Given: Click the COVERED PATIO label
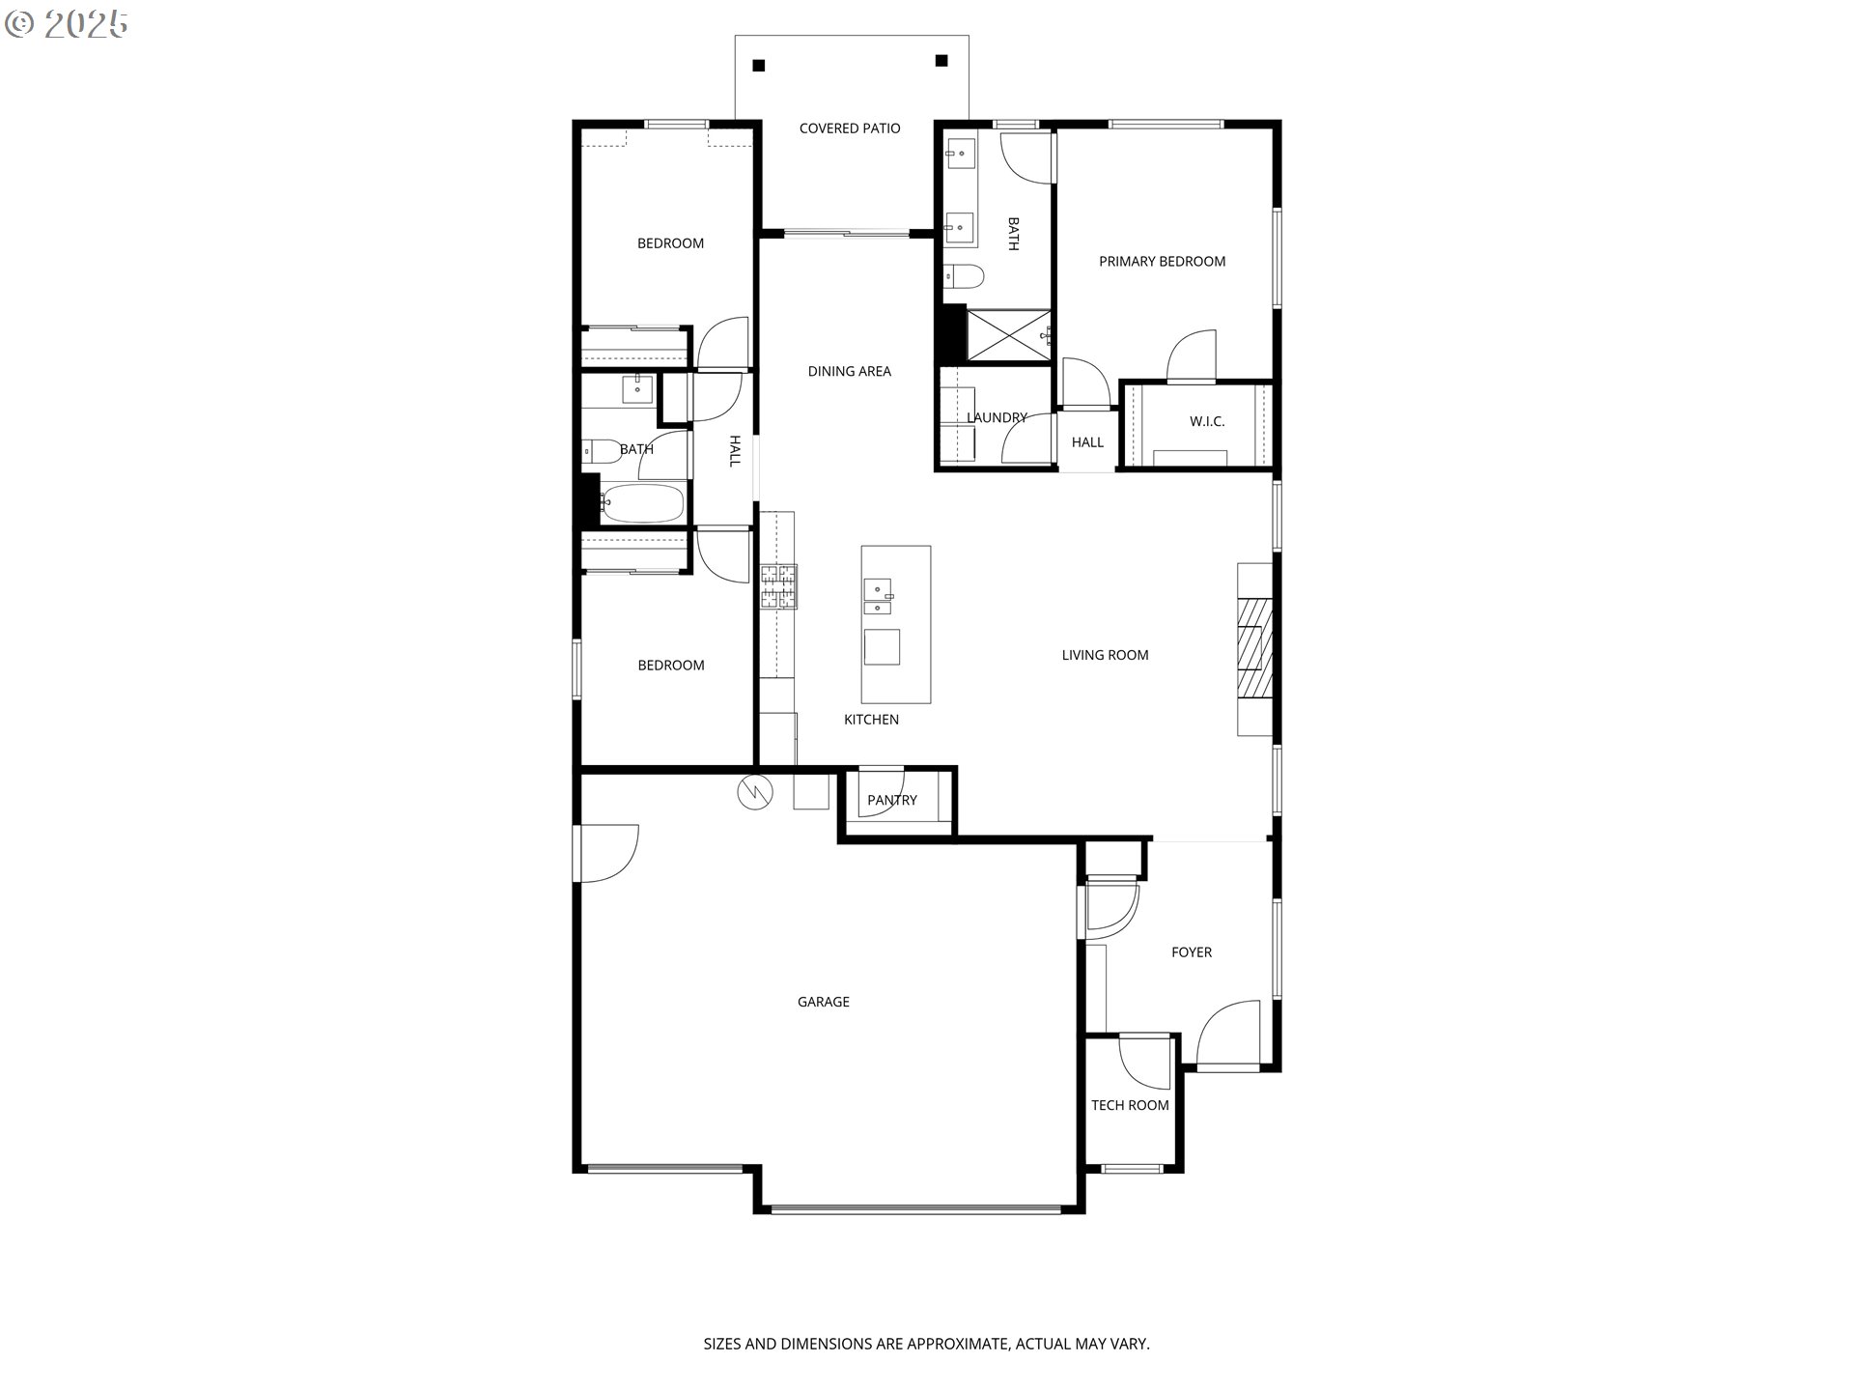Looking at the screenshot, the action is (x=850, y=128).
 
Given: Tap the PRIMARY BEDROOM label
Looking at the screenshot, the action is (x=1162, y=262).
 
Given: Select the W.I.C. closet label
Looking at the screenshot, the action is (x=1207, y=422).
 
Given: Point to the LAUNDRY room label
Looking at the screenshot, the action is (x=997, y=418).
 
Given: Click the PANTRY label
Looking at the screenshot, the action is (x=892, y=801).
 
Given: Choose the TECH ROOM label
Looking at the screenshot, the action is (x=1130, y=1106).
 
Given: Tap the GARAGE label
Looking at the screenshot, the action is (x=824, y=1003).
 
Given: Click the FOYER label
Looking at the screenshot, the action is (x=1192, y=952).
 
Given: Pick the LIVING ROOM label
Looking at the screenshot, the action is (x=1106, y=656).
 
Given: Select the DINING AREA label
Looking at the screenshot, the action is (x=850, y=372).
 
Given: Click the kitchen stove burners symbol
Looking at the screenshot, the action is (x=779, y=587).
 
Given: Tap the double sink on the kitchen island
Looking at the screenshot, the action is (x=878, y=597).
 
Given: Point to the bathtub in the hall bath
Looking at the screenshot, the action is (x=641, y=503).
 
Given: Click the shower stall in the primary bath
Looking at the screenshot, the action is (x=1008, y=335).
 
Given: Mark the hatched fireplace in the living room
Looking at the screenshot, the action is (x=1255, y=648).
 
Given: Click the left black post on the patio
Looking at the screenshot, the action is (x=759, y=66).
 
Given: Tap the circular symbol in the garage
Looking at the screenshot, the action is (x=755, y=793).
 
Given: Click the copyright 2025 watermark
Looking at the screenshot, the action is (x=67, y=24).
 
